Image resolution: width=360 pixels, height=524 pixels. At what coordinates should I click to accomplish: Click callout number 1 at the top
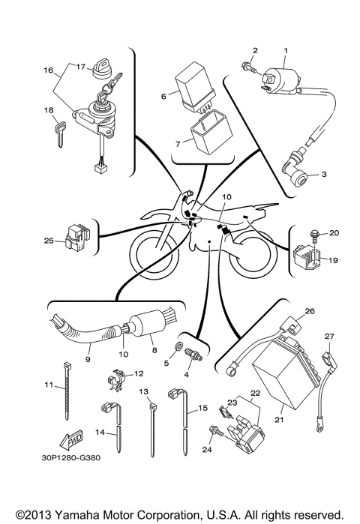tap(285, 50)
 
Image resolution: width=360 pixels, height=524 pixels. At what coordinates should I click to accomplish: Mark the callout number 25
tap(49, 241)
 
